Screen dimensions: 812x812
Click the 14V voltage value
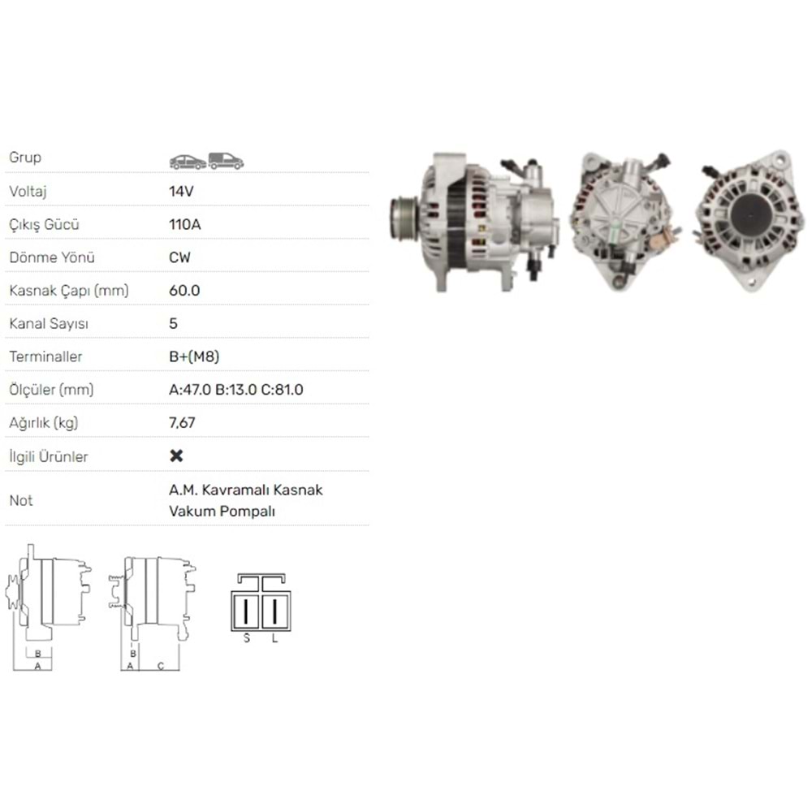pos(181,192)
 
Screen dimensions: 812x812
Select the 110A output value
pos(185,225)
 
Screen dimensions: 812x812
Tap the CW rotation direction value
pos(179,257)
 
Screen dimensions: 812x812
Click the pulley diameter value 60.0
pos(184,291)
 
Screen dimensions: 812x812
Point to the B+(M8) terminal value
pos(194,356)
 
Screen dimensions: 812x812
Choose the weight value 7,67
pos(182,423)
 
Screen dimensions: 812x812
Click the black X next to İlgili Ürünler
pos(176,456)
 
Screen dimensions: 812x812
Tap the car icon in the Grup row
pos(188,162)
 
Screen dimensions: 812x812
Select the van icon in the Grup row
pos(226,161)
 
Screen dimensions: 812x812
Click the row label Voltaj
pos(28,192)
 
